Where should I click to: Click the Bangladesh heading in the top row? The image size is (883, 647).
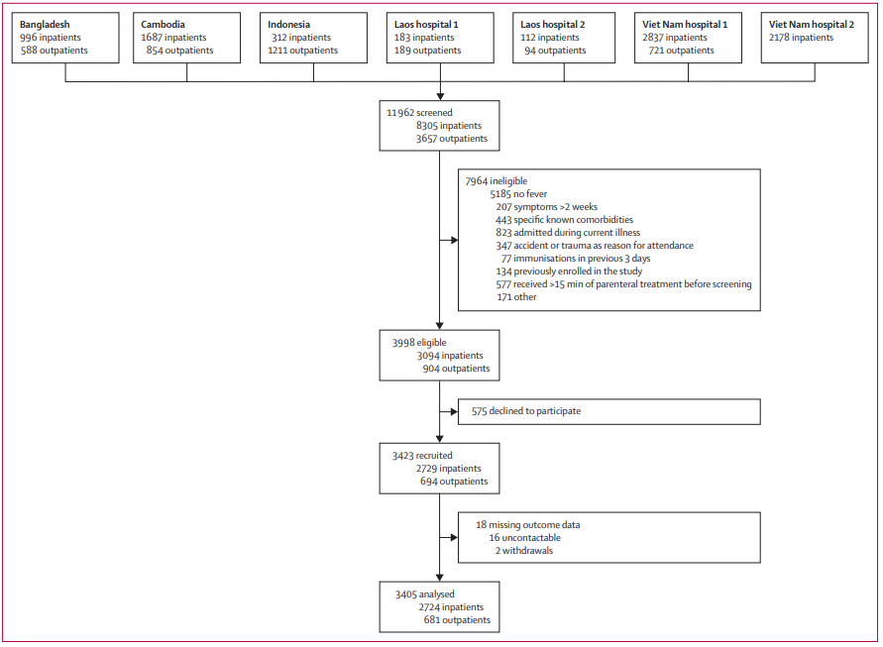45,24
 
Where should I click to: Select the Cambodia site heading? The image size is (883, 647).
163,24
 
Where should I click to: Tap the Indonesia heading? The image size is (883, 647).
288,24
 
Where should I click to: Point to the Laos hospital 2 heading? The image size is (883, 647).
552,24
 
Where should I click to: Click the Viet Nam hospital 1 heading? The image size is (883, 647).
685,24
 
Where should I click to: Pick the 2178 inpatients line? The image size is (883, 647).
801,38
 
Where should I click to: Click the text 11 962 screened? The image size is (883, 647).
419,113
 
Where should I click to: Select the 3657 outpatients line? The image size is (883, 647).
452,139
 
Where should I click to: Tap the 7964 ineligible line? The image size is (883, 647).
497,180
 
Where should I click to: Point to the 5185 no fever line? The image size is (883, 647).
518,194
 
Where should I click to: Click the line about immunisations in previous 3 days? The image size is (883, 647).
576,259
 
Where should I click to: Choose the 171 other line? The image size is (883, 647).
516,297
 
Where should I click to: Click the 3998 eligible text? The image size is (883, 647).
419,343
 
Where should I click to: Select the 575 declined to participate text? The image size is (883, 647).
526,411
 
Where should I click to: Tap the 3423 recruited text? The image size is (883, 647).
422,456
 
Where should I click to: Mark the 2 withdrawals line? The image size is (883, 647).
523,551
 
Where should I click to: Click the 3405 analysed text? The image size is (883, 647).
424,594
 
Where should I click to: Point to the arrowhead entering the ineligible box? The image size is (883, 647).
455,241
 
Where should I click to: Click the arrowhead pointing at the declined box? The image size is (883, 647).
455,411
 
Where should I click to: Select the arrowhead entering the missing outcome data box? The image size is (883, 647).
455,538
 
